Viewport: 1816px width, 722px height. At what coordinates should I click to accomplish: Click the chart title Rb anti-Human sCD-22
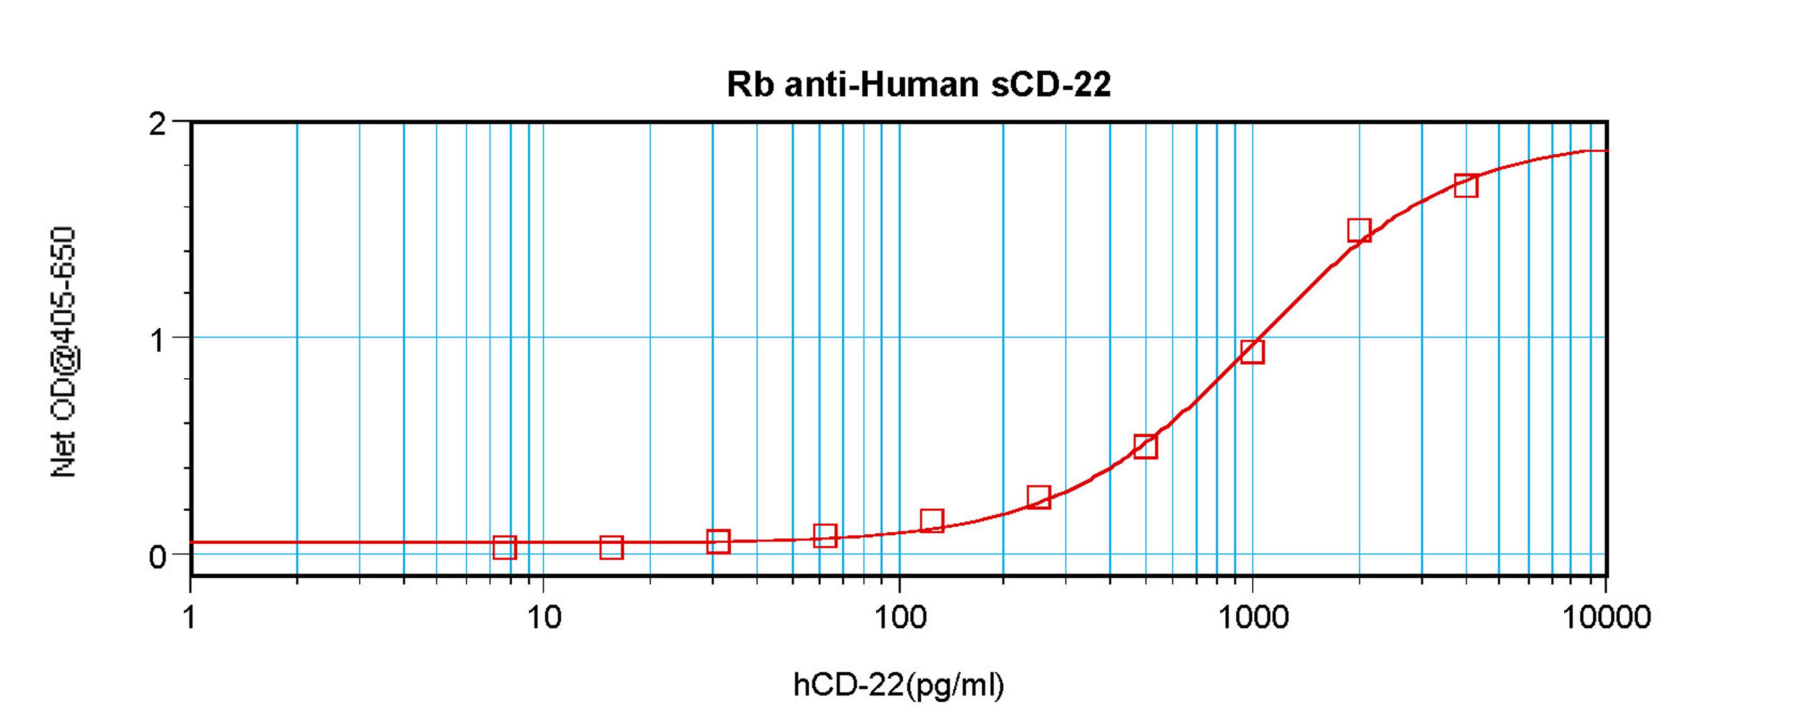coord(918,85)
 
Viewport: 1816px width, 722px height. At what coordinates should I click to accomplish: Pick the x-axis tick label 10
coord(543,618)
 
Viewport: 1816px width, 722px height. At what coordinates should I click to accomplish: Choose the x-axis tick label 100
coord(899,618)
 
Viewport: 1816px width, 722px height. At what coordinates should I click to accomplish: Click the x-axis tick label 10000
coord(1606,618)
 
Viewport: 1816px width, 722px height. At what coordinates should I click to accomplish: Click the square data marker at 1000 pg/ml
coord(1252,351)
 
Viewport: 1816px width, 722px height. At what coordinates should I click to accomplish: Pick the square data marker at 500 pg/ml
coord(1145,446)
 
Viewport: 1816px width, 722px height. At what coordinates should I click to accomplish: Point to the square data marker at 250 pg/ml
coord(1039,497)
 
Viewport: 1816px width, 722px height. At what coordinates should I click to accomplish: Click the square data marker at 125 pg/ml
coord(932,521)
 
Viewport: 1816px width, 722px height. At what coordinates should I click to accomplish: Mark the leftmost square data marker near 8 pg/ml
coord(505,547)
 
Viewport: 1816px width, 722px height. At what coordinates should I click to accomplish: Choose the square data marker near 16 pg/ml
coord(611,547)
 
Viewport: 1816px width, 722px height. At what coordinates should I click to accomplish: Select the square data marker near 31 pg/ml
coord(718,541)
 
